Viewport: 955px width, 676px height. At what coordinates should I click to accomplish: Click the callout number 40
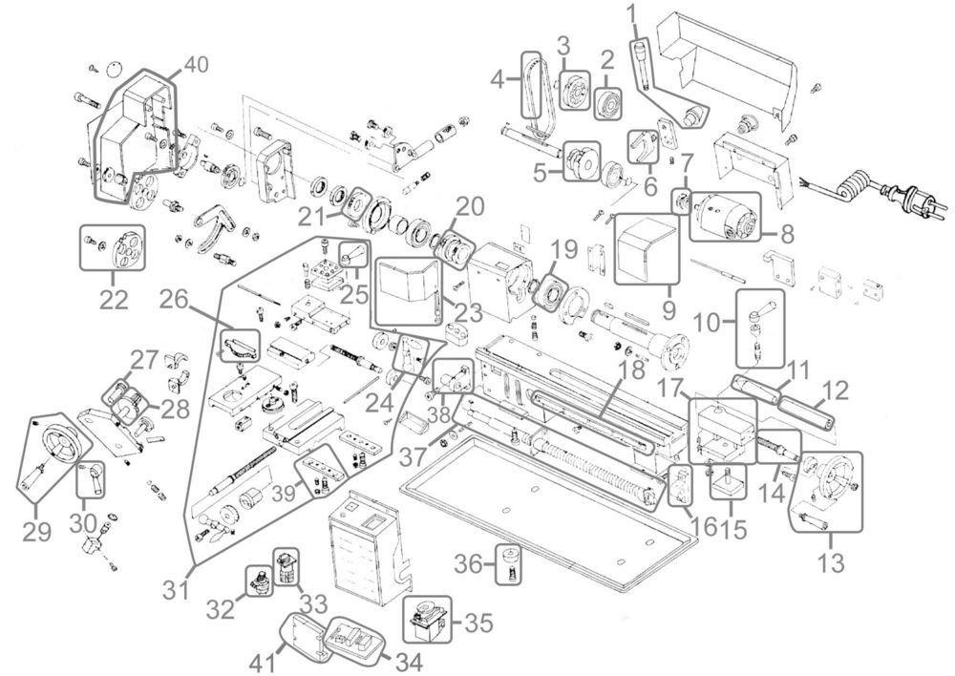(196, 65)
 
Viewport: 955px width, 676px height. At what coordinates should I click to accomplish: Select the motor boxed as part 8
(725, 216)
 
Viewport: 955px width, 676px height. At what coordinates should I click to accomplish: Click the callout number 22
(114, 300)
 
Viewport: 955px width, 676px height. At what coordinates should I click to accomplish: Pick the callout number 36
(469, 564)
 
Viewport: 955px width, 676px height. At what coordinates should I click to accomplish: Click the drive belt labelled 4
(532, 86)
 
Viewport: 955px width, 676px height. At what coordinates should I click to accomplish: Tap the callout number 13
(832, 562)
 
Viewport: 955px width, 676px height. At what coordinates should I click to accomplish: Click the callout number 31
(177, 589)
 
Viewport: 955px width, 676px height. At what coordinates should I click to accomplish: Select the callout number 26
(174, 300)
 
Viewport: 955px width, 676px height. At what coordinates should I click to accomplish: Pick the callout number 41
(265, 663)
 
